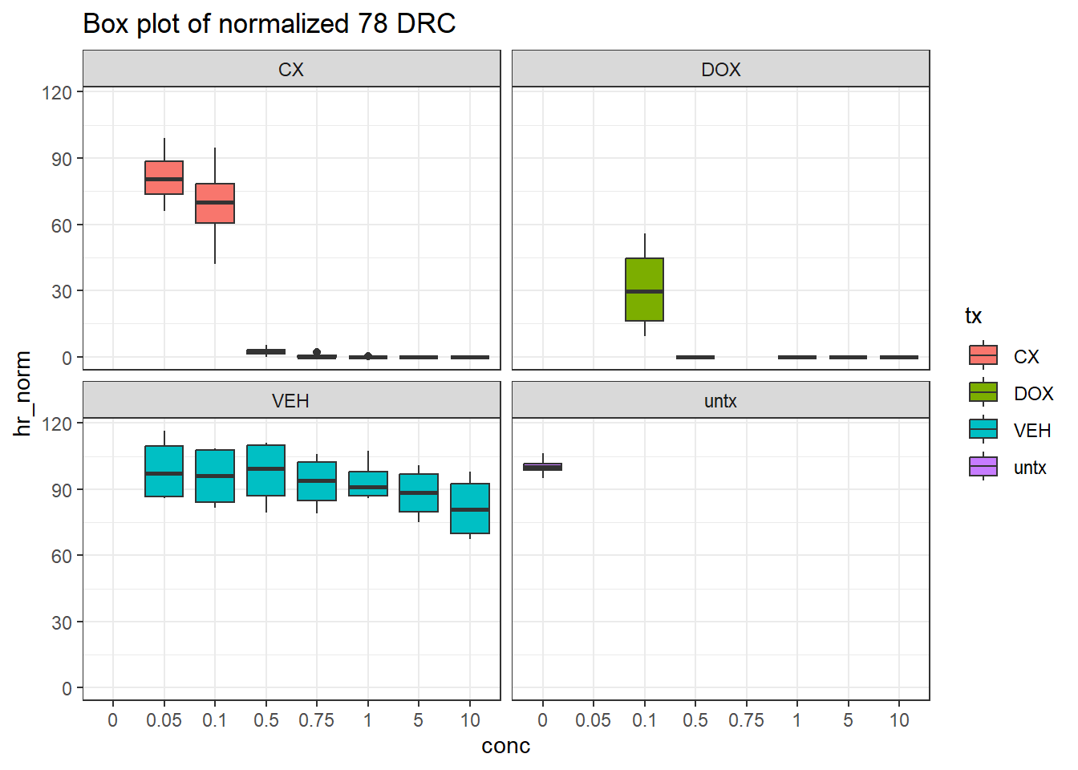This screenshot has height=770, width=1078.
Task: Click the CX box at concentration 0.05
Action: click(x=164, y=178)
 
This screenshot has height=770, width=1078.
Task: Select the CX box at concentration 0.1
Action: click(x=215, y=204)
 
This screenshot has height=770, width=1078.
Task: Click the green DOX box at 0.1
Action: click(x=644, y=290)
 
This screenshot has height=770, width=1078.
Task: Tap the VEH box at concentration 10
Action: click(x=470, y=509)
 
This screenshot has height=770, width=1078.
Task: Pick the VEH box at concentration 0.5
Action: click(x=266, y=470)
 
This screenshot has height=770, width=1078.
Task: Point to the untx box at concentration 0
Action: click(x=543, y=467)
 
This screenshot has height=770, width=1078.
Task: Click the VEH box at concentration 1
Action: click(x=368, y=484)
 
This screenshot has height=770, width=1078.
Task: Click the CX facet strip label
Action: click(x=291, y=70)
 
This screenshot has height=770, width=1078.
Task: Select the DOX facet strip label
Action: click(x=720, y=70)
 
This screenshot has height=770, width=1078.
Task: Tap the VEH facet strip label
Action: click(x=290, y=401)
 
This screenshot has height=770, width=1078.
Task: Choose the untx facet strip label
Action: click(x=720, y=401)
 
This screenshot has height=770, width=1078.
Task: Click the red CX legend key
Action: click(x=983, y=356)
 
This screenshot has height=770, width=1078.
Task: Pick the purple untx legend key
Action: click(x=983, y=467)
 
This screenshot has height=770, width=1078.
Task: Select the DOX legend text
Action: click(x=1033, y=394)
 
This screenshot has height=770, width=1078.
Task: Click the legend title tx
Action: click(x=974, y=316)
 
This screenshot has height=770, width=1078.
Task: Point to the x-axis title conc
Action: click(x=505, y=746)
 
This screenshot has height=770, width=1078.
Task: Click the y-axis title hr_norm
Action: click(x=22, y=393)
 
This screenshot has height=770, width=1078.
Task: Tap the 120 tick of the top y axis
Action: click(x=57, y=92)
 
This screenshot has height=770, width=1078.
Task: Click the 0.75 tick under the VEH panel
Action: click(x=317, y=720)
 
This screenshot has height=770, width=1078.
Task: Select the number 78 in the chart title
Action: click(x=373, y=24)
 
